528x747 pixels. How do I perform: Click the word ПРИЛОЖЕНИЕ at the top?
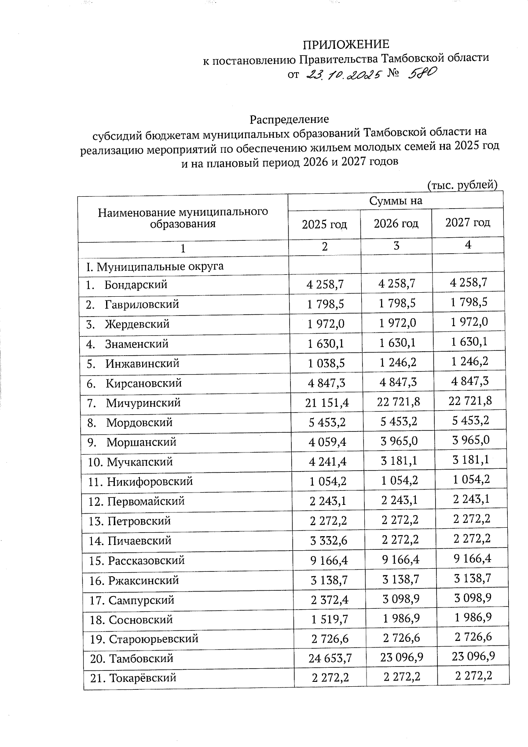346,44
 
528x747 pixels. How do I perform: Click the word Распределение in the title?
289,119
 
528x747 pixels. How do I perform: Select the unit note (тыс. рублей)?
462,185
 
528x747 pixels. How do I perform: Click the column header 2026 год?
396,224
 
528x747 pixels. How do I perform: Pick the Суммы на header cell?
396,201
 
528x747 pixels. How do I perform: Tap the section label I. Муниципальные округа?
155,266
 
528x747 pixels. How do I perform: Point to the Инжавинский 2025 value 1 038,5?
326,364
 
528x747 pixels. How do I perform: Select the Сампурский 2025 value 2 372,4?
329,600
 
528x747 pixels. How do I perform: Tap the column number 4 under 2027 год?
468,245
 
